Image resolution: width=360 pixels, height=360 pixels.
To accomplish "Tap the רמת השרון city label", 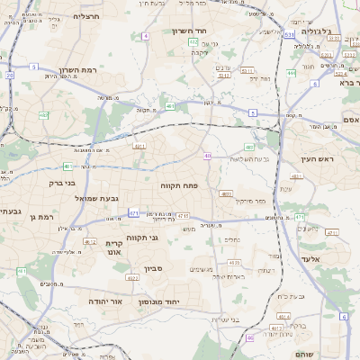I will coord(76,70).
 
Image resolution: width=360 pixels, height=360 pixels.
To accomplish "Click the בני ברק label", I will coord(58,182).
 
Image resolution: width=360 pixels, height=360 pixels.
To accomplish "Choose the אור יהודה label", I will coord(105,301).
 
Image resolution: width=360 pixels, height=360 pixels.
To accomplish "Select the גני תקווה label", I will coord(166,238).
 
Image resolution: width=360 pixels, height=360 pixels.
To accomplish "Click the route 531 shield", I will coord(289,34).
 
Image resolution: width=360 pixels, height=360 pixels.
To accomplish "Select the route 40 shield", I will coord(207,156).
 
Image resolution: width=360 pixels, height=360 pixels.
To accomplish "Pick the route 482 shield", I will coord(43,115).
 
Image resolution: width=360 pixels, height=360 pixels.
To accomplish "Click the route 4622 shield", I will coord(132,278).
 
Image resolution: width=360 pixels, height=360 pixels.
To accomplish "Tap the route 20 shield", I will coord(10,76).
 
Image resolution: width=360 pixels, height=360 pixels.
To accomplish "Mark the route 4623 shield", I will coord(235,262).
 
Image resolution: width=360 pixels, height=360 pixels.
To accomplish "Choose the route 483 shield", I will coord(249,147).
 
